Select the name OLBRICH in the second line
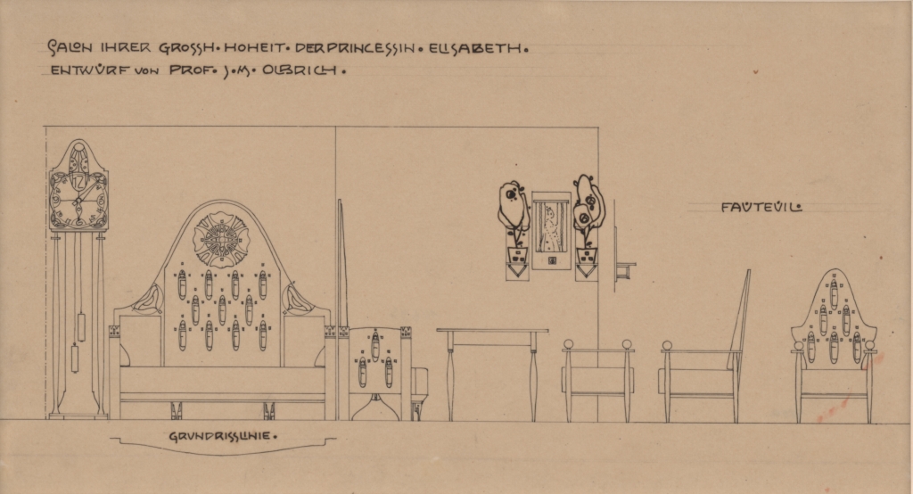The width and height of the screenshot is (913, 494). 300,70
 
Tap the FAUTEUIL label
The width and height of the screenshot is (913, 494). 761,207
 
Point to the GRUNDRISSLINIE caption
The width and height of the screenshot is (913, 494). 220,436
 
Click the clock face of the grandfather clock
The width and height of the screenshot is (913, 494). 78,199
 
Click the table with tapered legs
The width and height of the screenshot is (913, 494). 492,374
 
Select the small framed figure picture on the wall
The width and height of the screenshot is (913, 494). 550,230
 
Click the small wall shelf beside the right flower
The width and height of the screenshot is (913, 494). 623,270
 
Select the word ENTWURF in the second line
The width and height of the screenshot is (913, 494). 89,70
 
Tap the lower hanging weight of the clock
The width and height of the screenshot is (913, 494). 75,358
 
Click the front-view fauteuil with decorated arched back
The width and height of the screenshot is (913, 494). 834,346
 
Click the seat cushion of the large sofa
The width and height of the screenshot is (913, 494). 222,380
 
